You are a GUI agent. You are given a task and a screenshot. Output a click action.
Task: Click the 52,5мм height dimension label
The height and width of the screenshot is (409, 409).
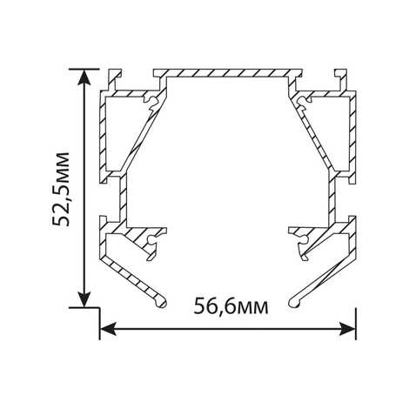(61, 189)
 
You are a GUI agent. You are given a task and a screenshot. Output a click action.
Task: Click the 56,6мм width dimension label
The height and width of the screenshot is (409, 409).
(231, 306)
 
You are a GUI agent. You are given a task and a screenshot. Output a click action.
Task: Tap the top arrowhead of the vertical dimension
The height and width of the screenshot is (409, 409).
(84, 78)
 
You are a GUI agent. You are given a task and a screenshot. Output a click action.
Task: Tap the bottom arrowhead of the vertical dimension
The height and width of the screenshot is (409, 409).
(84, 298)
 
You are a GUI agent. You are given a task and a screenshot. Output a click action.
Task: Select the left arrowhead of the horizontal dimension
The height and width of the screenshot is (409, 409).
(109, 329)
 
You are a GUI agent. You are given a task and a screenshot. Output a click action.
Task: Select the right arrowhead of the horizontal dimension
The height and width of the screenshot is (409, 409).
(347, 329)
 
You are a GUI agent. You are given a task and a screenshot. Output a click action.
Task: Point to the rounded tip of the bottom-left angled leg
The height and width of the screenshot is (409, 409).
(161, 303)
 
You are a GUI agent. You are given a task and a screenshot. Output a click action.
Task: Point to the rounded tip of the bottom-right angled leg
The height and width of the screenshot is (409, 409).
(294, 303)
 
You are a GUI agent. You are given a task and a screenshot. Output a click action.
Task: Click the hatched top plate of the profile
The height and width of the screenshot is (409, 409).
(228, 73)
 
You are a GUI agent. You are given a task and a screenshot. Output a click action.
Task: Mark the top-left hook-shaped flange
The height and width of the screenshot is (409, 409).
(114, 79)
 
